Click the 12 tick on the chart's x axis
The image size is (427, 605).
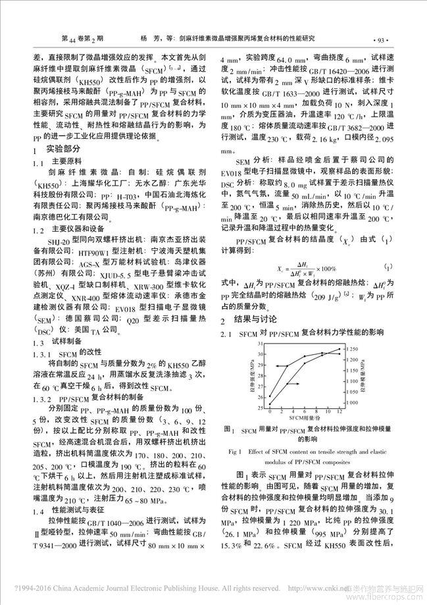(339, 411)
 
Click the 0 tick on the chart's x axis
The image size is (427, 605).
(270, 411)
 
